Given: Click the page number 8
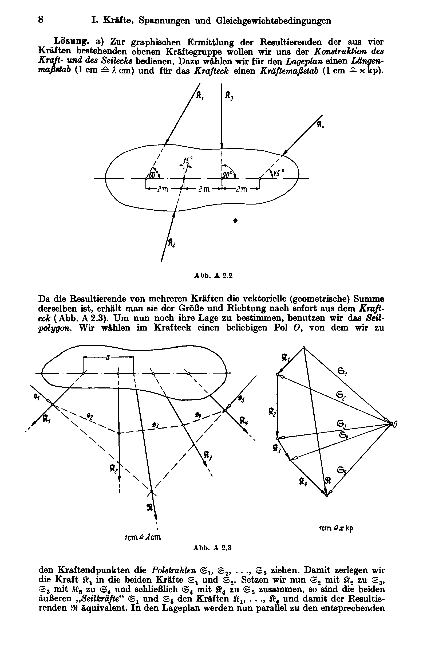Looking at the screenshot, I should [41, 20].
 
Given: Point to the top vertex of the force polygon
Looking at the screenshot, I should [304, 347].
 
